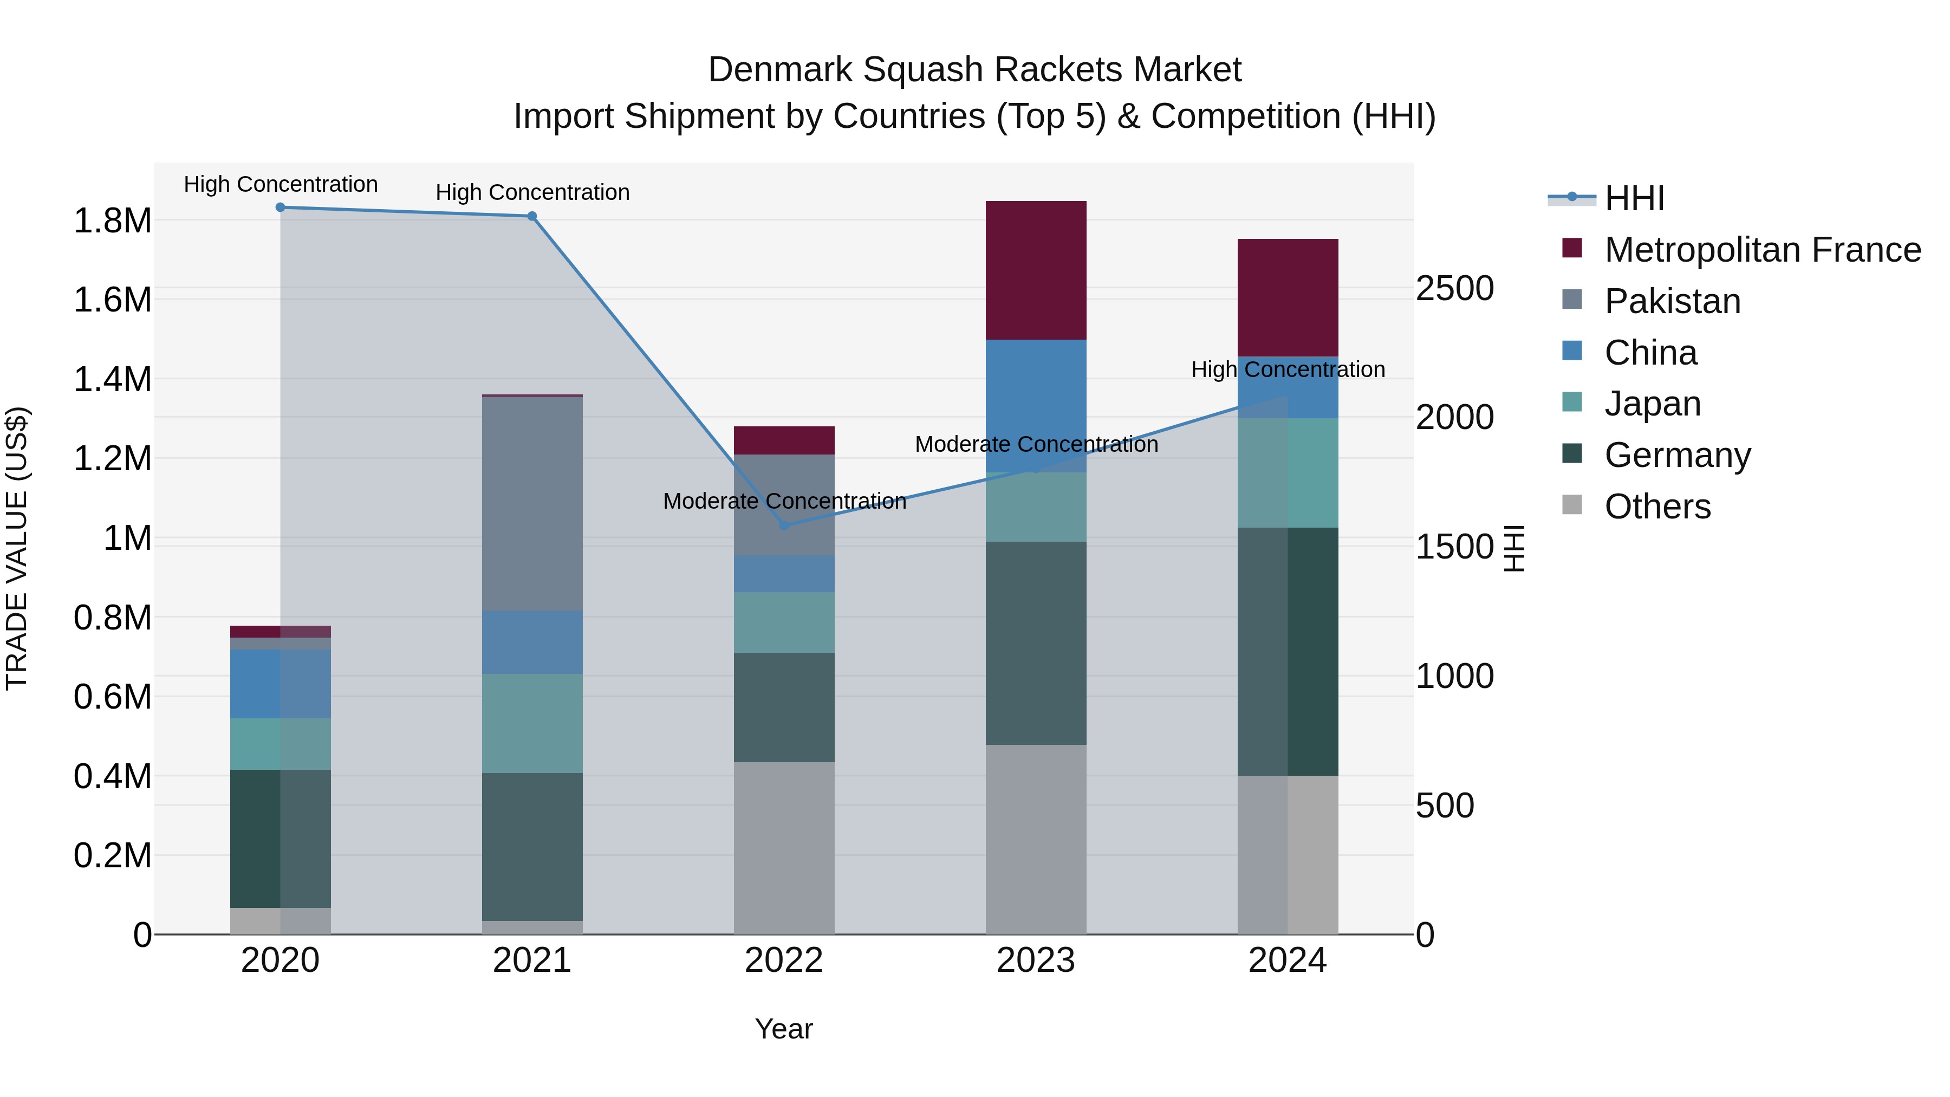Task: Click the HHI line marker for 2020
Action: point(280,207)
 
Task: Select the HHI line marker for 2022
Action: point(784,525)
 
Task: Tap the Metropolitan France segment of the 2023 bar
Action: point(1036,270)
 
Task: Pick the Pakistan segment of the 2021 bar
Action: point(532,503)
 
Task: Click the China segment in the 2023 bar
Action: point(1036,406)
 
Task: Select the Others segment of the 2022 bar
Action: point(784,848)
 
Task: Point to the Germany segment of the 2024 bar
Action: point(1288,651)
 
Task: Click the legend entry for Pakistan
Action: point(1672,301)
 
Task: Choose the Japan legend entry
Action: point(1652,404)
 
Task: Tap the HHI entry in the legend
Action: point(1634,198)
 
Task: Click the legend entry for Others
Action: point(1656,507)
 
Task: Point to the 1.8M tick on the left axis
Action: point(113,221)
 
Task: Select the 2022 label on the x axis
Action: point(784,960)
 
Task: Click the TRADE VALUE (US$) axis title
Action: point(17,548)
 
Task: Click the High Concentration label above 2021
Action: point(532,192)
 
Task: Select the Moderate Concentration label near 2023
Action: point(1036,444)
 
